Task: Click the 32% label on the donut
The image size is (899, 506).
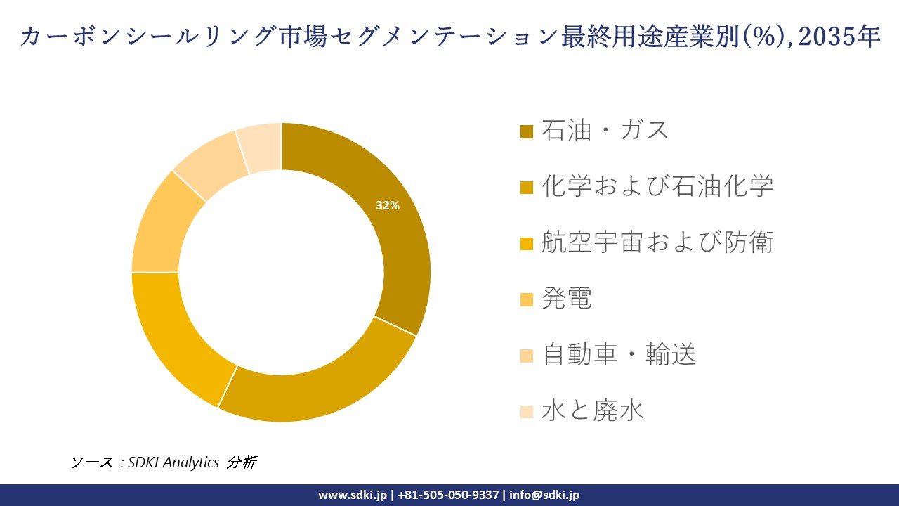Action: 388,206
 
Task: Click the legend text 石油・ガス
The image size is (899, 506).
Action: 605,131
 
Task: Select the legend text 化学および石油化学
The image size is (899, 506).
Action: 657,187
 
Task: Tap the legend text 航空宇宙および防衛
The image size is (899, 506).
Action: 657,243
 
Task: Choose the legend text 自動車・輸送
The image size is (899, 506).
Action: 619,356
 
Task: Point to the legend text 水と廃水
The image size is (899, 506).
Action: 593,412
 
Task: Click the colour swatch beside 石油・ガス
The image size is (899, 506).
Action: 527,132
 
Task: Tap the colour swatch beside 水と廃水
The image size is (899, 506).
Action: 527,413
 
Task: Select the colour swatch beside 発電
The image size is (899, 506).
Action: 527,300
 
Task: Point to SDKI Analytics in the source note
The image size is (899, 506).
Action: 173,462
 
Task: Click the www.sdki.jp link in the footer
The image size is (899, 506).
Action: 353,495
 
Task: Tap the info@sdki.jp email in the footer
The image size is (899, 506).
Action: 545,495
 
